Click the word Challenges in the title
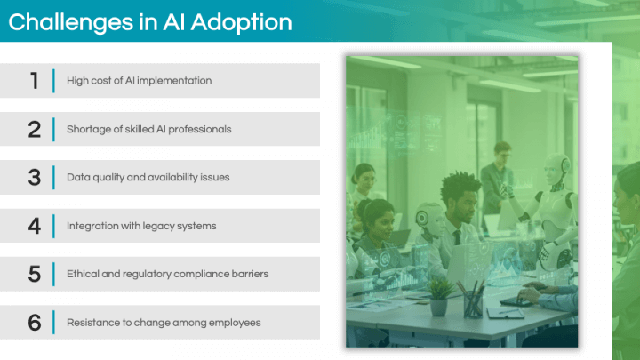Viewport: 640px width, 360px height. coord(70,23)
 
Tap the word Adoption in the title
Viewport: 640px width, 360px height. coord(241,23)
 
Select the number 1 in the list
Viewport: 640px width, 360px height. coord(35,81)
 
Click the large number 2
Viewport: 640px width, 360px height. coord(35,130)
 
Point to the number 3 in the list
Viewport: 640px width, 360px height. coord(35,178)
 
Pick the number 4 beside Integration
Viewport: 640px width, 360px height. coord(35,226)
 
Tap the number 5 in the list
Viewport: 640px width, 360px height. coord(35,274)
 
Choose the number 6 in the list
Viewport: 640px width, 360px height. coord(35,323)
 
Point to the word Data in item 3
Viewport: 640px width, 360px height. coord(78,177)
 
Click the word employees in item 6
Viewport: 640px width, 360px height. coord(235,324)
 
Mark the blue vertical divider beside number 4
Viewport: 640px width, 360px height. coord(53,226)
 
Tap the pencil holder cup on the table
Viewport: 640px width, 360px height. coord(473,304)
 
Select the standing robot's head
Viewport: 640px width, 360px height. coord(556,169)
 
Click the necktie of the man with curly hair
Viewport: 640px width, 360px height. coord(457,237)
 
